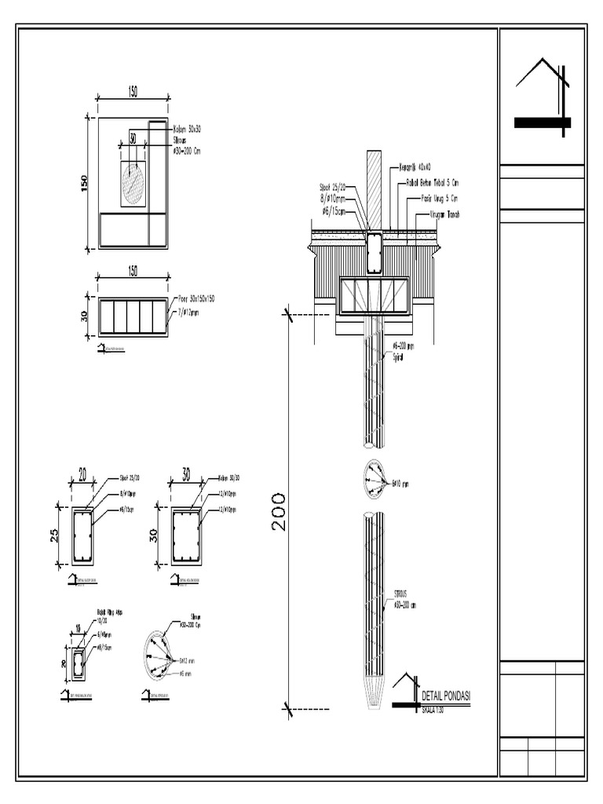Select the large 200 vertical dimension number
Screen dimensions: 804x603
pyautogui.click(x=279, y=512)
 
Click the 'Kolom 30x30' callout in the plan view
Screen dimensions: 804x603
pyautogui.click(x=186, y=128)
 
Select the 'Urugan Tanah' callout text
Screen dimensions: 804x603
pyautogui.click(x=444, y=214)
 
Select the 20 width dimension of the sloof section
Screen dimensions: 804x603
pyautogui.click(x=82, y=475)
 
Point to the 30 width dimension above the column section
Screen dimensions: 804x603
pyautogui.click(x=186, y=475)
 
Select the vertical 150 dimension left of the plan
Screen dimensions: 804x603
pyautogui.click(x=84, y=182)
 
